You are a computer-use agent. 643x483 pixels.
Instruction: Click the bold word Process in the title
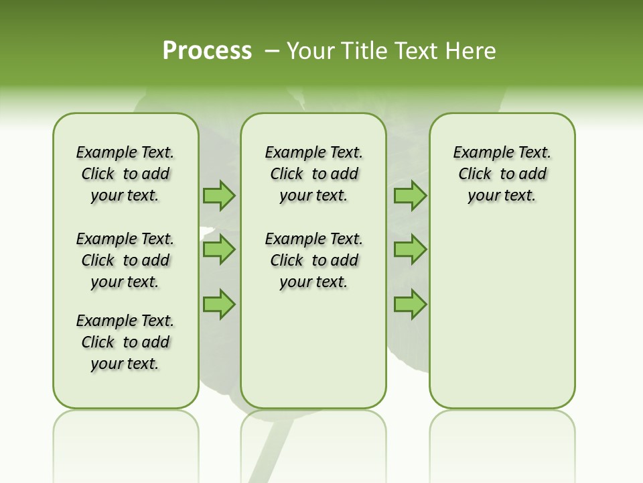[x=207, y=51]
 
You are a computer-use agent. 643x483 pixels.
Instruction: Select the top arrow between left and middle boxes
[x=219, y=195]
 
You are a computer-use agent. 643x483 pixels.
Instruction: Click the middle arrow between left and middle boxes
[x=219, y=250]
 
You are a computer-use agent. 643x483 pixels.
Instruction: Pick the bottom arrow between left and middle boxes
[x=219, y=304]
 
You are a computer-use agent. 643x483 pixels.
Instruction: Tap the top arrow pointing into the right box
[x=410, y=195]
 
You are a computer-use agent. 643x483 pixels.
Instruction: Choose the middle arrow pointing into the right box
[x=410, y=250]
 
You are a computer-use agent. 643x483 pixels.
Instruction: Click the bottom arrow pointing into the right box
[x=410, y=304]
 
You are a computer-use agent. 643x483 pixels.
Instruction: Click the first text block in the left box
[x=125, y=174]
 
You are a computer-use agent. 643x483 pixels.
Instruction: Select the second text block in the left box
[x=125, y=260]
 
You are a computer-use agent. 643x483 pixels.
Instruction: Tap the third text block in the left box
[x=125, y=342]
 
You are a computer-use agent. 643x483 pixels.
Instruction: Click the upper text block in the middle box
[x=313, y=174]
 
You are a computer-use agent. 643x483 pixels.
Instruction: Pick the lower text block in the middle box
[x=313, y=260]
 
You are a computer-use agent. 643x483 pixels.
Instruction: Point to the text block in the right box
[x=502, y=174]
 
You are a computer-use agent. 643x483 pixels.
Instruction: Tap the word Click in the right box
[x=475, y=174]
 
